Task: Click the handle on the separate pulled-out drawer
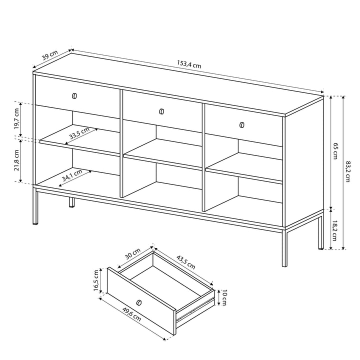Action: [x=139, y=302]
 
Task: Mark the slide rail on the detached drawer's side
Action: [x=197, y=308]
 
